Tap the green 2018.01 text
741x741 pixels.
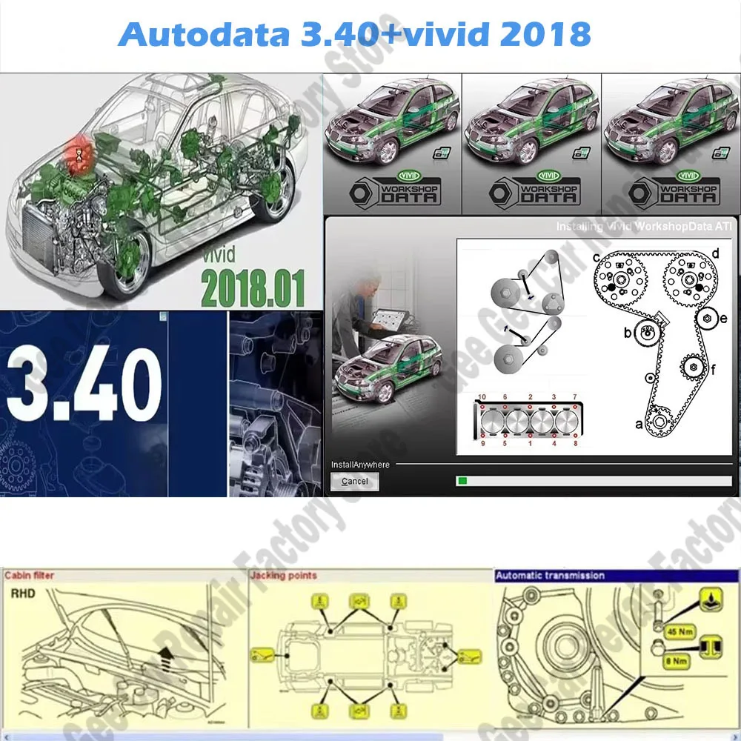coord(251,290)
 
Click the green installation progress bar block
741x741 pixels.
coord(462,481)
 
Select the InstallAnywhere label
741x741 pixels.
coord(360,465)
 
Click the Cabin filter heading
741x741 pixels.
coord(30,575)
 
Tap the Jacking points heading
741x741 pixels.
coord(283,575)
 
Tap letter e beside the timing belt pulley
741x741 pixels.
coord(723,319)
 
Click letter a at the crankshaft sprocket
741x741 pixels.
coord(639,425)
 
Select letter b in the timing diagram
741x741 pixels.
coord(627,333)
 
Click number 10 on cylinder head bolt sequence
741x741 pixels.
coord(482,397)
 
